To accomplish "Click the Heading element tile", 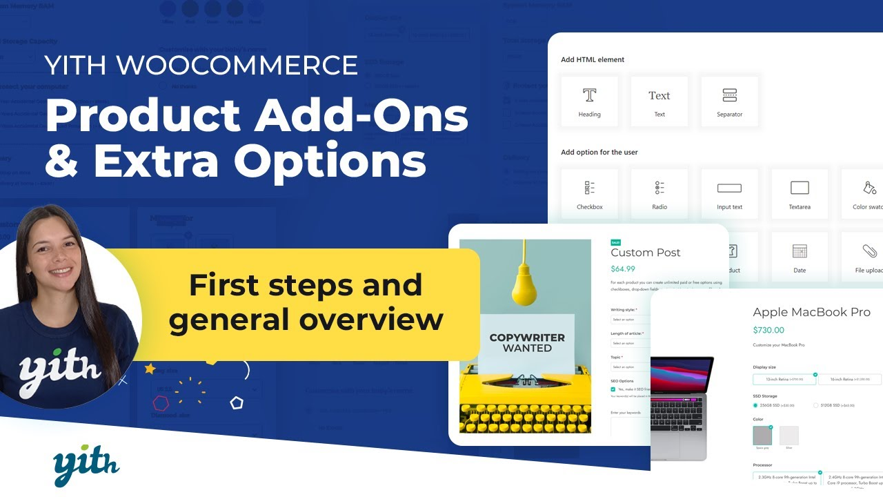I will click(x=589, y=101).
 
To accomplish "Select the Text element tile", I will click(x=659, y=101).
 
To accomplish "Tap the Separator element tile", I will click(x=729, y=101).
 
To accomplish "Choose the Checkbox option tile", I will click(x=589, y=194).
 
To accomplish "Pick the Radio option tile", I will click(x=659, y=194).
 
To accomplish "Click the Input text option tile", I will click(x=729, y=194).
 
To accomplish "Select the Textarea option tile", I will click(x=799, y=194).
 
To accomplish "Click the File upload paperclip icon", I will click(x=869, y=251).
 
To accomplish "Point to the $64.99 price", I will click(x=623, y=269).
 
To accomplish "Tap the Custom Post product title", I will click(x=645, y=253).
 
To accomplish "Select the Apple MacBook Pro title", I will click(x=811, y=312).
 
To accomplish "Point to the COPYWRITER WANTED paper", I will click(x=526, y=342).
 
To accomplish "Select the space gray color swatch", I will click(x=762, y=436).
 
